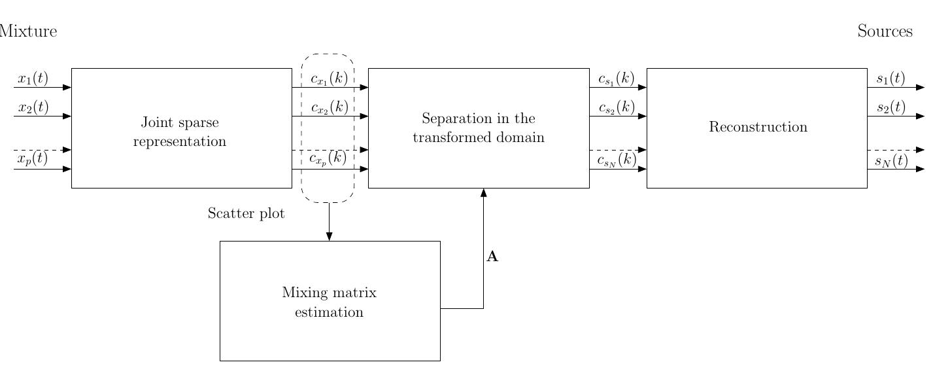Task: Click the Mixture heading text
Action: click(29, 31)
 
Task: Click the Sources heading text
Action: click(885, 31)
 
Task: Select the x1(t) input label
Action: click(33, 79)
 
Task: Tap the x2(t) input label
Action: click(33, 107)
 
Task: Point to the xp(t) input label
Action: click(32, 158)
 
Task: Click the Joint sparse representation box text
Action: click(180, 132)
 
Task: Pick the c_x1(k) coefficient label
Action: click(329, 79)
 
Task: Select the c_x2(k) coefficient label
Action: click(329, 107)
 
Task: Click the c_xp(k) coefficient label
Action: click(328, 158)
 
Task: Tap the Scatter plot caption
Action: click(246, 213)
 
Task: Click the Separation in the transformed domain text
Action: click(479, 128)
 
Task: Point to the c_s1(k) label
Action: click(616, 79)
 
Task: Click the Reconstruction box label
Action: click(758, 127)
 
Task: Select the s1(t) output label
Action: click(891, 79)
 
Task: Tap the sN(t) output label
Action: click(891, 160)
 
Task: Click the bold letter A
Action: click(492, 257)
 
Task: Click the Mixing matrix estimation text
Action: click(329, 302)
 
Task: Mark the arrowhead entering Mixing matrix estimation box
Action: click(329, 237)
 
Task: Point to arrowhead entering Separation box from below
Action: click(483, 192)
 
